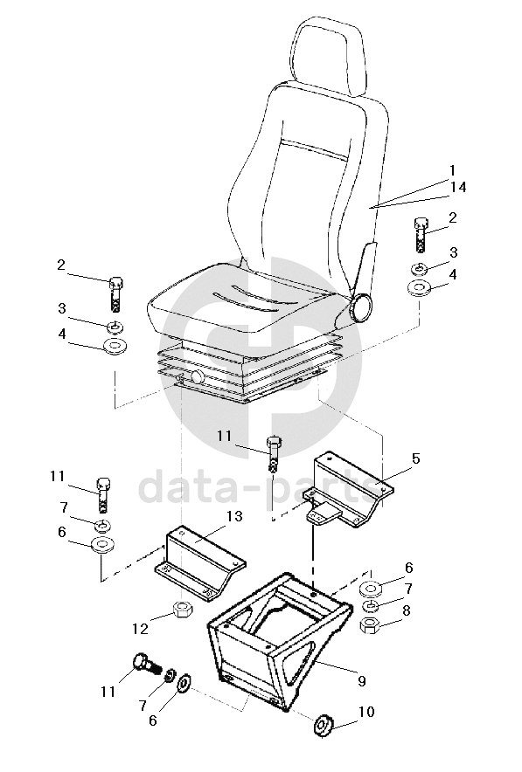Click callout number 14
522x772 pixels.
(x=457, y=188)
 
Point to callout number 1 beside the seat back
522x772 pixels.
(x=452, y=171)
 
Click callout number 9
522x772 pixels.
(x=362, y=681)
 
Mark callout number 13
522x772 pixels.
(x=235, y=516)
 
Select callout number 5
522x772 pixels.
(x=415, y=458)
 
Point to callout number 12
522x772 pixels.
(x=141, y=629)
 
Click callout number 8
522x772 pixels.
(x=407, y=610)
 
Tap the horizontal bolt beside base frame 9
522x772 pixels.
(x=147, y=665)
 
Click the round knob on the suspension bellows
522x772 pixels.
(x=196, y=377)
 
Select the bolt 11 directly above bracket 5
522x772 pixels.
(x=274, y=453)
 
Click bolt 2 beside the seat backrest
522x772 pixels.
(x=420, y=234)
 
